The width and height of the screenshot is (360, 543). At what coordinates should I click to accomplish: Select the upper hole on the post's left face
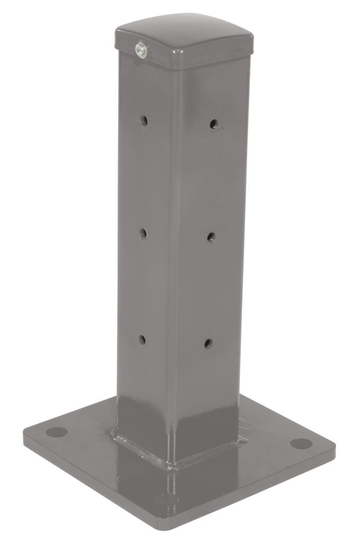click(144, 120)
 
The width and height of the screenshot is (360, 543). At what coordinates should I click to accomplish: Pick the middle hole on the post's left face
click(143, 232)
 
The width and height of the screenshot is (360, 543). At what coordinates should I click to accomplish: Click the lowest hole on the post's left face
click(142, 339)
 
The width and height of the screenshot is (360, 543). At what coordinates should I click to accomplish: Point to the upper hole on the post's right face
click(213, 124)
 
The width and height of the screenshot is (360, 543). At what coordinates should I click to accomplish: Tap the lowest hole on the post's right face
click(208, 343)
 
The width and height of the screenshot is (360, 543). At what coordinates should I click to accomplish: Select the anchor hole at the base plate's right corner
click(301, 443)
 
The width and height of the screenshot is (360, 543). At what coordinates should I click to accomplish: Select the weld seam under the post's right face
click(212, 451)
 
